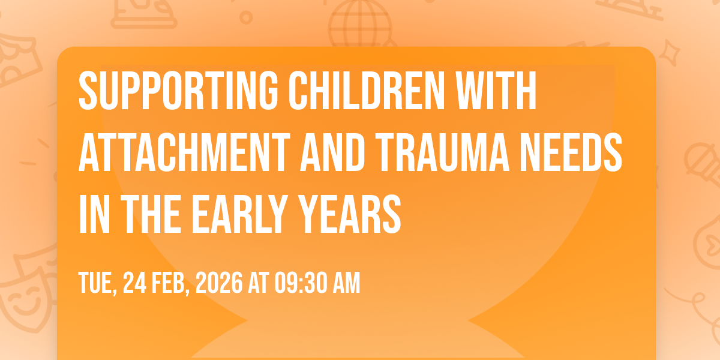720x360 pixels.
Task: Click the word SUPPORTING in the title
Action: click(x=178, y=91)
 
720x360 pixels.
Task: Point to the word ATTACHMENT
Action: click(x=185, y=152)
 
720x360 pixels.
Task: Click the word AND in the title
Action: click(x=332, y=152)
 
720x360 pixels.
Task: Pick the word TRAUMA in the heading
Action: click(x=442, y=152)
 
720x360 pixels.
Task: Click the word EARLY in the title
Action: click(x=240, y=214)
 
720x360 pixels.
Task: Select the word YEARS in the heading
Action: click(x=349, y=214)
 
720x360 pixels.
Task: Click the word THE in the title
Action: click(x=151, y=214)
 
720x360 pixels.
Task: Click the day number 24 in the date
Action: click(x=134, y=283)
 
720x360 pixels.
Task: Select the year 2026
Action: click(x=219, y=283)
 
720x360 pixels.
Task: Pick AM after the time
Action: click(x=347, y=283)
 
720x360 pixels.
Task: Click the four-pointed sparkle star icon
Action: click(x=669, y=53)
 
